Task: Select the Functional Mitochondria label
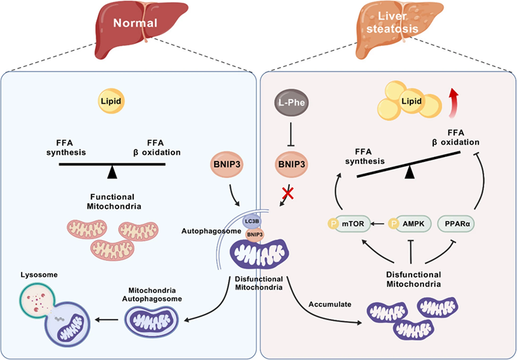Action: coord(112,202)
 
